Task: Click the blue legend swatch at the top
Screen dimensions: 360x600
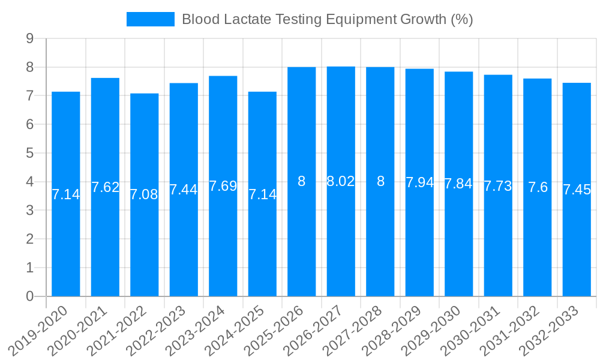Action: click(x=150, y=19)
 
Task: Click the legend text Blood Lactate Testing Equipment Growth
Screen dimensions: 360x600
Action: click(x=327, y=19)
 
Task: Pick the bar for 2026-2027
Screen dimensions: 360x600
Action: click(x=341, y=240)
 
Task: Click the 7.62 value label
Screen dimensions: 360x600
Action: click(x=106, y=187)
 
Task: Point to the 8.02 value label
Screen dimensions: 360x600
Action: click(x=341, y=181)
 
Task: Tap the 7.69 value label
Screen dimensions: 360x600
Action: click(x=223, y=186)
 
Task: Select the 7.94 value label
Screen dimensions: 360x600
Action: click(x=419, y=182)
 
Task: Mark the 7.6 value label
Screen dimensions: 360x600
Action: click(x=538, y=187)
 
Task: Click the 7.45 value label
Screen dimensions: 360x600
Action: click(x=577, y=190)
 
